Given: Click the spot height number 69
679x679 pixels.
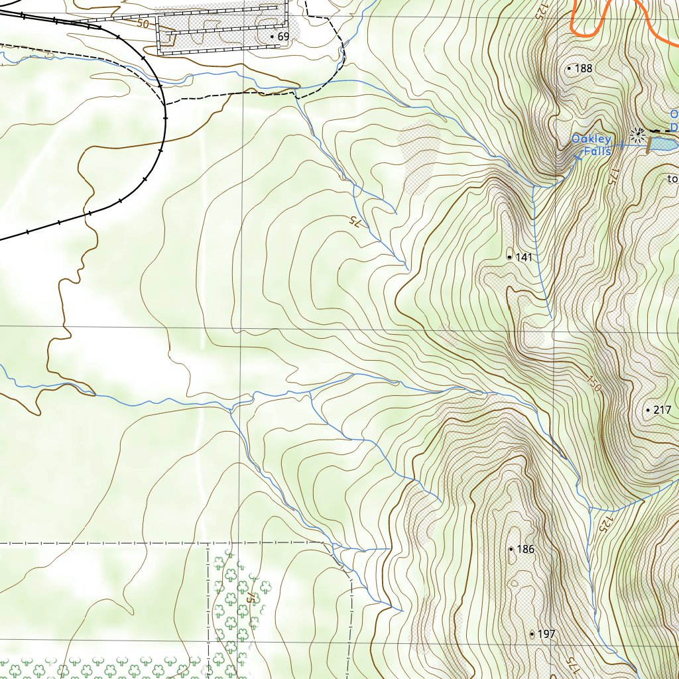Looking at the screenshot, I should tap(282, 36).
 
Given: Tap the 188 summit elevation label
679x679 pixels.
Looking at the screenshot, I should tap(584, 68).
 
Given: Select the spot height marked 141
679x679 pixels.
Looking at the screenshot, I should tap(524, 257).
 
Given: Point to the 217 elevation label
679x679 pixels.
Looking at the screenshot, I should tap(662, 410).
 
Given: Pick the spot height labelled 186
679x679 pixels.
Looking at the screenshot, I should tap(525, 550).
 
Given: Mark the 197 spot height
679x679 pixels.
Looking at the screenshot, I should tap(546, 635).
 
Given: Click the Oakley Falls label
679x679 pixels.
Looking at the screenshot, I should tap(591, 145).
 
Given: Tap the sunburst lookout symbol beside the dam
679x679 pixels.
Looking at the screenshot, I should tap(638, 135).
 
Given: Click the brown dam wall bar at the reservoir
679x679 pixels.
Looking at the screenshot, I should tap(649, 147).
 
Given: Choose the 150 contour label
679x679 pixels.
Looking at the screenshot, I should tap(593, 384).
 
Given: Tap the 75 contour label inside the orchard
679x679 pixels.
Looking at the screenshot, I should tap(251, 597).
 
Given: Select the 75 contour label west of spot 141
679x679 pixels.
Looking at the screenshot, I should tap(355, 223).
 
